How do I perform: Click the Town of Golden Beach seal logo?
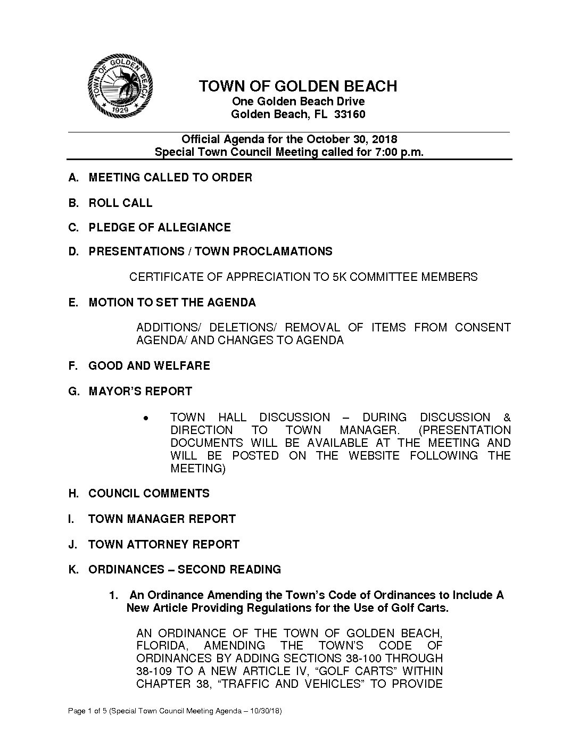121,85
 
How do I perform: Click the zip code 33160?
349,114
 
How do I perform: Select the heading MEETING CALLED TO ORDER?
170,178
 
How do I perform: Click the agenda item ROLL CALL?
120,203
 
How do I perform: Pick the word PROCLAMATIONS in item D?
283,252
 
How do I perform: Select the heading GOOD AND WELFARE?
149,366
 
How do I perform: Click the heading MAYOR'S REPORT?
140,392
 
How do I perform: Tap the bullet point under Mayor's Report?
146,419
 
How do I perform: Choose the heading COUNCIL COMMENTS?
149,494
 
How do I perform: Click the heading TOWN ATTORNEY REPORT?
164,545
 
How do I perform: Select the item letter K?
72,570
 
